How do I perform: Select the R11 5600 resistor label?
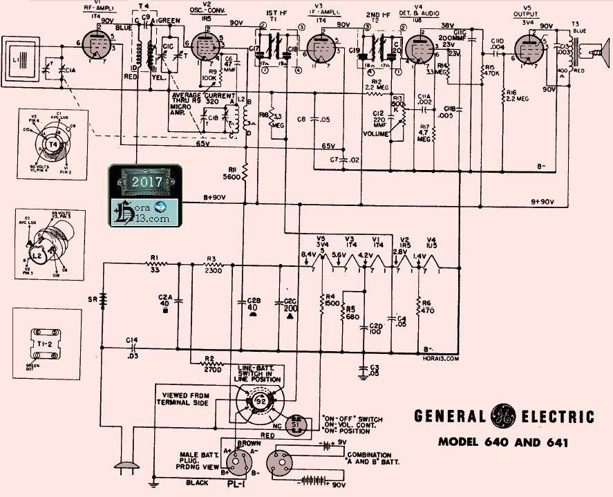(x=232, y=172)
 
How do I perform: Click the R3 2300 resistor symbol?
(x=212, y=263)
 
